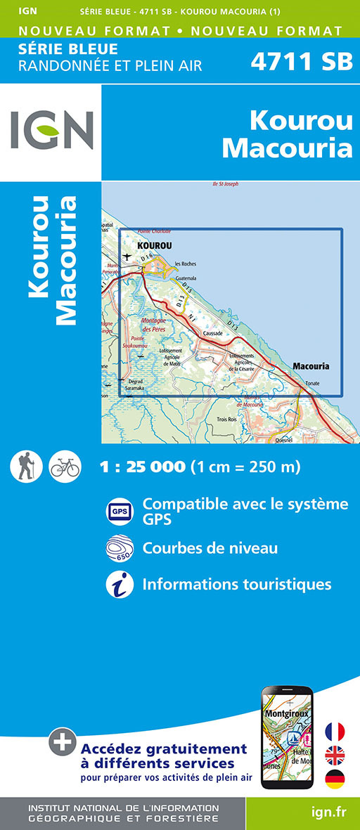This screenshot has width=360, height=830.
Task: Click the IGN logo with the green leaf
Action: [x=51, y=131]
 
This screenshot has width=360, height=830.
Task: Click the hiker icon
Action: [x=27, y=466]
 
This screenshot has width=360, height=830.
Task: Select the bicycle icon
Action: [x=65, y=466]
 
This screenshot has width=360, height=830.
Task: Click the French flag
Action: [x=335, y=732]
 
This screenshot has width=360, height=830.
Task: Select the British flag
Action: [x=335, y=756]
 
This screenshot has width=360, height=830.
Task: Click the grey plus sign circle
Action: [x=63, y=741]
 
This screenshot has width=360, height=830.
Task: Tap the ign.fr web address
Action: [x=328, y=812]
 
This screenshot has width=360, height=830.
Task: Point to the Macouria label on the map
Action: [x=310, y=366]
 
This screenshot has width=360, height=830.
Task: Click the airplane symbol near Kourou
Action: [x=127, y=257]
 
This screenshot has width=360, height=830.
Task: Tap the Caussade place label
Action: [x=212, y=332]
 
